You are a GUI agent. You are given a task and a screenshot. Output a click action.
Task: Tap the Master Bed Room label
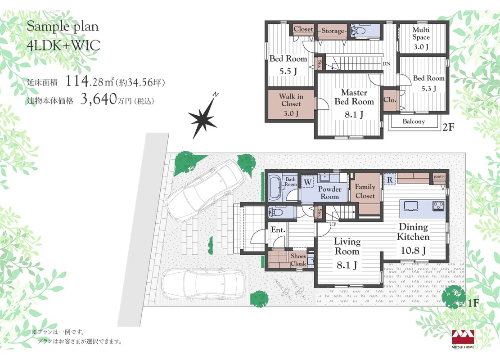pyautogui.click(x=354, y=97)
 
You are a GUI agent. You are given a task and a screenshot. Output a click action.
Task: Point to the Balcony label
pyautogui.click(x=414, y=121)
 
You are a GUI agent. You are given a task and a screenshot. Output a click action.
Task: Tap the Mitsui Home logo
pyautogui.click(x=463, y=339)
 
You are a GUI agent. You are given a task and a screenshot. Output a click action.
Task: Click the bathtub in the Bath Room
pyautogui.click(x=274, y=188)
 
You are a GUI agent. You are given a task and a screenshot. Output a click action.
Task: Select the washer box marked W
pyautogui.click(x=308, y=182)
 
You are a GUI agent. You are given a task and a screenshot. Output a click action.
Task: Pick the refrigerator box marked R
pyautogui.click(x=390, y=180)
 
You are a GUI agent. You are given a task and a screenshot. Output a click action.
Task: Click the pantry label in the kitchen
pyautogui.click(x=439, y=176)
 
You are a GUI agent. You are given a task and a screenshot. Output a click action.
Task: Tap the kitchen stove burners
pyautogui.click(x=438, y=206)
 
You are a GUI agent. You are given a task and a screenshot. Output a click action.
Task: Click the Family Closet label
pyautogui.click(x=365, y=191)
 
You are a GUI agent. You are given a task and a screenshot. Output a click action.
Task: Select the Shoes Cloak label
pyautogui.click(x=298, y=260)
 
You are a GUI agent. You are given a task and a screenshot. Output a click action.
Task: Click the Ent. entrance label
pyautogui.click(x=278, y=229)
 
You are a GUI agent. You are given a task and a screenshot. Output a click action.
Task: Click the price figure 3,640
pyautogui.click(x=98, y=99)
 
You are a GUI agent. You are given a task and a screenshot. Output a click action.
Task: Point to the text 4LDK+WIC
pyautogui.click(x=63, y=45)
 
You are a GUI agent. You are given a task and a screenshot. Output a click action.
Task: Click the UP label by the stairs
pyautogui.click(x=333, y=224)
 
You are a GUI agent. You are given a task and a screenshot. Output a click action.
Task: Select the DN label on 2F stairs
pyautogui.click(x=386, y=64)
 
